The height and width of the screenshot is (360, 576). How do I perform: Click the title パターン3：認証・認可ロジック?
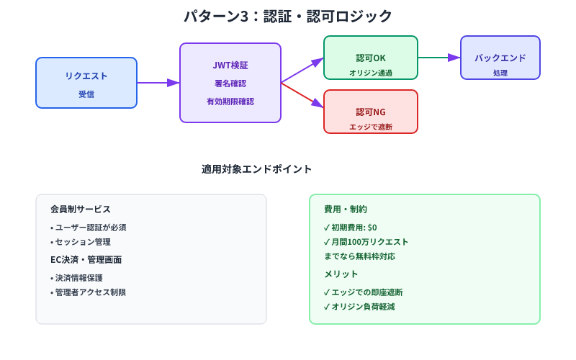pyautogui.click(x=288, y=16)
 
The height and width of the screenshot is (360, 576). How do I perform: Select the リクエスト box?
pyautogui.click(x=86, y=83)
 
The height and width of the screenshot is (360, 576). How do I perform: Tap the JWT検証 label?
pyautogui.click(x=230, y=66)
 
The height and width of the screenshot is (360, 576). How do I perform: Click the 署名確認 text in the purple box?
pyautogui.click(x=230, y=84)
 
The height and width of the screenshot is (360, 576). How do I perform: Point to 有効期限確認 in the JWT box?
pyautogui.click(x=230, y=102)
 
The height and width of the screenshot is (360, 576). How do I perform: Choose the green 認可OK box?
pyautogui.click(x=371, y=58)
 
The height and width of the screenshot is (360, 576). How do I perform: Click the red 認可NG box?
pyautogui.click(x=371, y=112)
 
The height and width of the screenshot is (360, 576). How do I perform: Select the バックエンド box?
pyautogui.click(x=500, y=58)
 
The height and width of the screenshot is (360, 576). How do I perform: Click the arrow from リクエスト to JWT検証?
pyautogui.click(x=158, y=83)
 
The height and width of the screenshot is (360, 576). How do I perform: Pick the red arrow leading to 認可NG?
pyautogui.click(x=302, y=95)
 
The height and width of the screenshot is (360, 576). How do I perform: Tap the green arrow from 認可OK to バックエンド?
pyautogui.click(x=438, y=58)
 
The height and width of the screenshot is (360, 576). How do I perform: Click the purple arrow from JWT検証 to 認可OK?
pyautogui.click(x=302, y=71)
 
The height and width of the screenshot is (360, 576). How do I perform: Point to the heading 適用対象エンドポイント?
pyautogui.click(x=257, y=169)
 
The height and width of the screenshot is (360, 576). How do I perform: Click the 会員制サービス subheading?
pyautogui.click(x=81, y=210)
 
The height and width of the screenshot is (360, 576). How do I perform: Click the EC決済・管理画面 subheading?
pyautogui.click(x=86, y=260)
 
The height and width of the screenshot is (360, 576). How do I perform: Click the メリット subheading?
pyautogui.click(x=341, y=274)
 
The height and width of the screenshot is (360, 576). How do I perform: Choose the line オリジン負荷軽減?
pyautogui.click(x=359, y=307)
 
